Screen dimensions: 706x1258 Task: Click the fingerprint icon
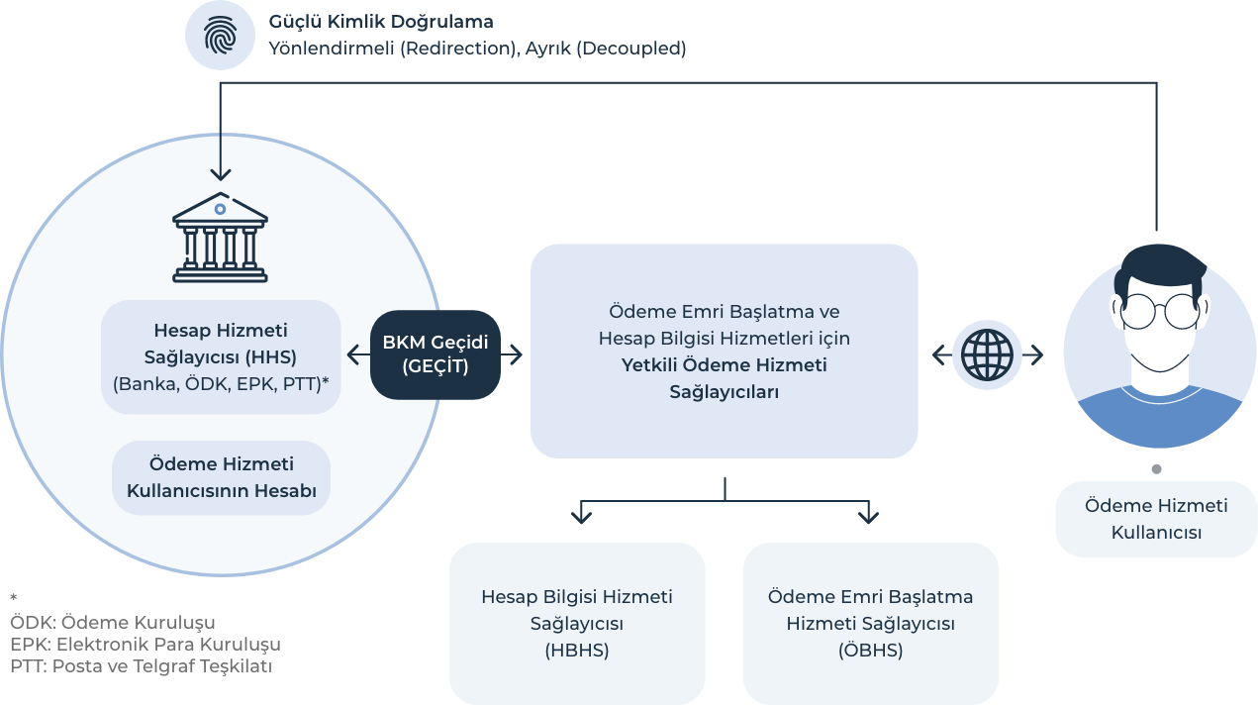[x=220, y=36]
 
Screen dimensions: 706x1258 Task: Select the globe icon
[x=987, y=353]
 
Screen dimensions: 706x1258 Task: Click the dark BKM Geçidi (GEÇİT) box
[x=435, y=354]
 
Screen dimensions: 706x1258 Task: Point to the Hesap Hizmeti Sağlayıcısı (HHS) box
[x=221, y=356]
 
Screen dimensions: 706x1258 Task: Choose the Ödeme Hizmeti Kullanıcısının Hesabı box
[x=221, y=477]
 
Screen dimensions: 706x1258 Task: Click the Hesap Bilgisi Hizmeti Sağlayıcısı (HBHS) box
[x=577, y=623]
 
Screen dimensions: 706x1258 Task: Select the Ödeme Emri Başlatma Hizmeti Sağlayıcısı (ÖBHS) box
[x=870, y=623]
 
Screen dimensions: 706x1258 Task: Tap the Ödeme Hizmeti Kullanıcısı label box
[x=1156, y=519]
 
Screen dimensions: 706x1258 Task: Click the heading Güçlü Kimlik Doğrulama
[x=381, y=21]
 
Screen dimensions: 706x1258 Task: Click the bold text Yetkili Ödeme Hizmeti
[x=724, y=365]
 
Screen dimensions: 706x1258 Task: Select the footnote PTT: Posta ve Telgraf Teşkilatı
[x=141, y=666]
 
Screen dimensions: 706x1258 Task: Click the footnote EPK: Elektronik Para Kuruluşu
[x=145, y=645]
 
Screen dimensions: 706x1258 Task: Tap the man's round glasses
[x=1156, y=309]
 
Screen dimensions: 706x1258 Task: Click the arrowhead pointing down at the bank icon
[x=220, y=173]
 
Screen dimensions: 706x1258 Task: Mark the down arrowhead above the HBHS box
[x=581, y=514]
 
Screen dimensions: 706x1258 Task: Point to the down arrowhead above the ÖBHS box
[x=868, y=514]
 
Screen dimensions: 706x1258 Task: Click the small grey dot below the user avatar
[x=1156, y=469]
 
